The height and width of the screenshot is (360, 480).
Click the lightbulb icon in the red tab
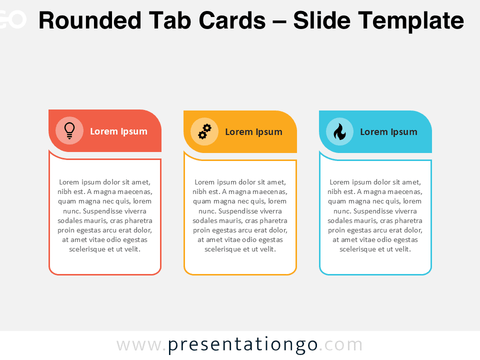[69, 130]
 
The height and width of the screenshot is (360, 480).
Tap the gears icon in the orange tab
[204, 131]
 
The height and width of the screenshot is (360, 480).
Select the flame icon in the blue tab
[339, 131]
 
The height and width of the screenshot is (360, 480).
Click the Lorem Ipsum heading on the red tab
[118, 131]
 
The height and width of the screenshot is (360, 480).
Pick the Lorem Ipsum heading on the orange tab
[253, 132]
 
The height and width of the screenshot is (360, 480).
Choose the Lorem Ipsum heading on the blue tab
[388, 132]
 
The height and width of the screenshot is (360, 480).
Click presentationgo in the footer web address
[242, 345]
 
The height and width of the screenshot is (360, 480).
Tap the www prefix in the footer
[139, 345]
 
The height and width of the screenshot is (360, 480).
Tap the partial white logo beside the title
[12, 20]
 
